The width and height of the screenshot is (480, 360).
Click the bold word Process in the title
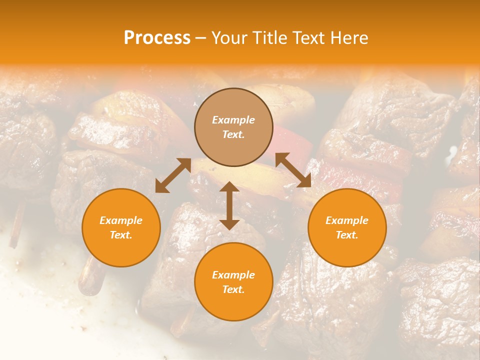[157, 38]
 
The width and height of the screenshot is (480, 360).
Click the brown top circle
[233, 127]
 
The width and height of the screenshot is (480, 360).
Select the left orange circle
[121, 227]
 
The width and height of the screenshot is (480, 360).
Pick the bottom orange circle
[233, 282]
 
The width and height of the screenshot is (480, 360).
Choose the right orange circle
[346, 227]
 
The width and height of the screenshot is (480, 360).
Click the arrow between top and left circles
[172, 175]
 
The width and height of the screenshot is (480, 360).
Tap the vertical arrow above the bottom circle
[229, 205]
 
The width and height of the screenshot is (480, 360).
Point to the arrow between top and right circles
[293, 170]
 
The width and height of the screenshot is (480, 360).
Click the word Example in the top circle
[233, 120]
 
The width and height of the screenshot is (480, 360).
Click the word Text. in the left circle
[121, 235]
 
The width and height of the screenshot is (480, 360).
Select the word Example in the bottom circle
[233, 275]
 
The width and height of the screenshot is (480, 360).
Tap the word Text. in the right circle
[346, 235]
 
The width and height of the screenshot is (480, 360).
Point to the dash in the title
[200, 38]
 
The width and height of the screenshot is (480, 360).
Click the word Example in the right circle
[346, 220]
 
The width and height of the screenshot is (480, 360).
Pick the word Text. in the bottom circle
[233, 289]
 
